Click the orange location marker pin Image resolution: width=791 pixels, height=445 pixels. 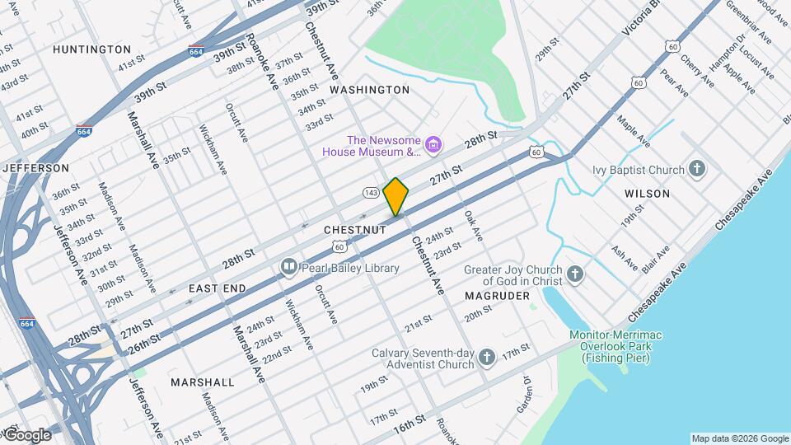click(396, 196)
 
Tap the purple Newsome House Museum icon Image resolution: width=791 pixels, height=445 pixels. click(434, 146)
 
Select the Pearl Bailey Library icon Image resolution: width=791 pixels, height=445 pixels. click(288, 267)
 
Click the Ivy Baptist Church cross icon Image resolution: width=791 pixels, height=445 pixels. click(697, 171)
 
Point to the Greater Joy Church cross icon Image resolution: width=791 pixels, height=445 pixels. click(574, 275)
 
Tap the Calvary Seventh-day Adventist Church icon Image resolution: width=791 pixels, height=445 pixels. click(487, 357)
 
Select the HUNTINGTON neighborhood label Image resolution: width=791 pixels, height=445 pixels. click(91, 49)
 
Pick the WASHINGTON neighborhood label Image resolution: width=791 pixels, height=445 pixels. click(369, 89)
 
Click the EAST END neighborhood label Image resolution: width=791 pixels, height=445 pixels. click(217, 288)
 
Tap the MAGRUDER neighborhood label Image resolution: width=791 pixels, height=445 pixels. click(496, 295)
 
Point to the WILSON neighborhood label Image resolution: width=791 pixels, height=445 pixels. click(647, 194)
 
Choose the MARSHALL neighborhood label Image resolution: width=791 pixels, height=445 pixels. click(202, 382)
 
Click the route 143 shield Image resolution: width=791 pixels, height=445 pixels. click(371, 192)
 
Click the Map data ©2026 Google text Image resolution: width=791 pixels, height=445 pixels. click(739, 438)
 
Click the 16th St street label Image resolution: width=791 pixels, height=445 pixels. click(409, 423)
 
